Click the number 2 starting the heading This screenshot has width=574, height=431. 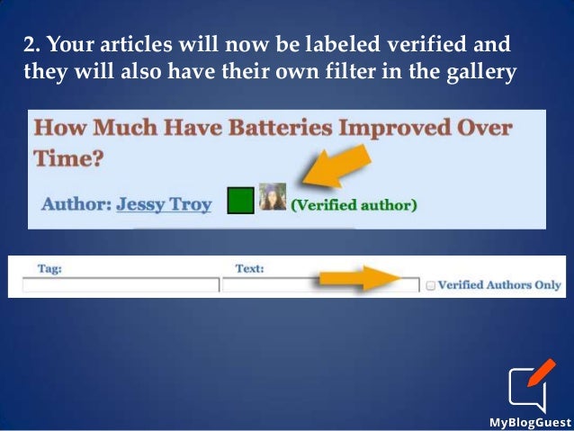pos(28,45)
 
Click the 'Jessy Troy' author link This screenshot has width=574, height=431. pos(164,204)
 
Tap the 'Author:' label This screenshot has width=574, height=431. pos(76,204)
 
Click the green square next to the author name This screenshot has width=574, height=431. pos(240,200)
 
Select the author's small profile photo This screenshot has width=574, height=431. pos(273,197)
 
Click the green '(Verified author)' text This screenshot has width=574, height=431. pos(354,205)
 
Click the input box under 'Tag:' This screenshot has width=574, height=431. pos(121,285)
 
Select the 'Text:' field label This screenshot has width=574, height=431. pos(248,268)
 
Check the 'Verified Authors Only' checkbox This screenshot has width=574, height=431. pos(431,286)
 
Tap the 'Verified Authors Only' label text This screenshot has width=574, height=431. pos(499,285)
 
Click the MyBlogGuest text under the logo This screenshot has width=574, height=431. pos(530,421)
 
